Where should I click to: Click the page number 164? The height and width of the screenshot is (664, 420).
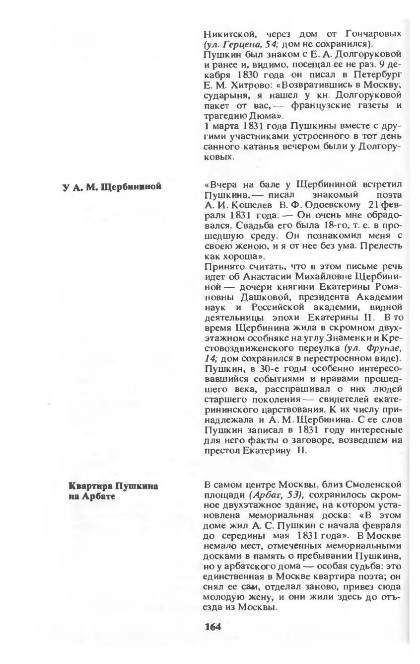212,626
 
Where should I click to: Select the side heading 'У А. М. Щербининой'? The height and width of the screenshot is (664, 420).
112,187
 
